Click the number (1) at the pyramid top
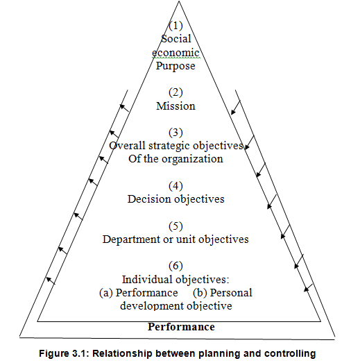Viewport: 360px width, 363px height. coord(175,26)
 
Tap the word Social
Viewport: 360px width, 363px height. coord(176,39)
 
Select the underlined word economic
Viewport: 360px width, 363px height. coord(175,52)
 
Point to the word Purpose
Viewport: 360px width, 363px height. coord(175,66)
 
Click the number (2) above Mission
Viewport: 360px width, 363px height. coord(175,92)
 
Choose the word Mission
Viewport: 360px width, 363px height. coord(175,106)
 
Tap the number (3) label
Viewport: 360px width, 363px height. coord(175,133)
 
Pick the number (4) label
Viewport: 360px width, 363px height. coord(175,186)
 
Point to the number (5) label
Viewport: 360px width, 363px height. coord(175,226)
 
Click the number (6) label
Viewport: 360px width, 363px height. coord(175,266)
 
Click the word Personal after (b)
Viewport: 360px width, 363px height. coord(231,293)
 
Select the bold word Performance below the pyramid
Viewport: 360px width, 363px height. coord(181,327)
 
